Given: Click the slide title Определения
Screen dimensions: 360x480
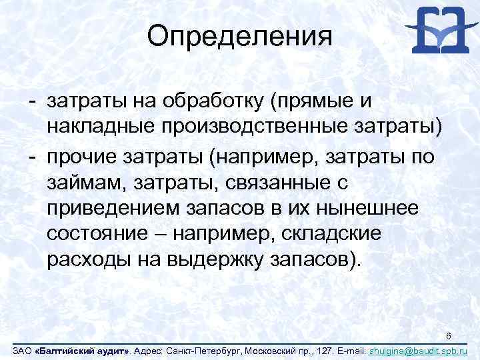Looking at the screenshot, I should (239, 36).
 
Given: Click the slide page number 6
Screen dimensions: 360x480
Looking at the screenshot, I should (449, 336).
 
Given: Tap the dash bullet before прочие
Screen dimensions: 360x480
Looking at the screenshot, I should (31, 155).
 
